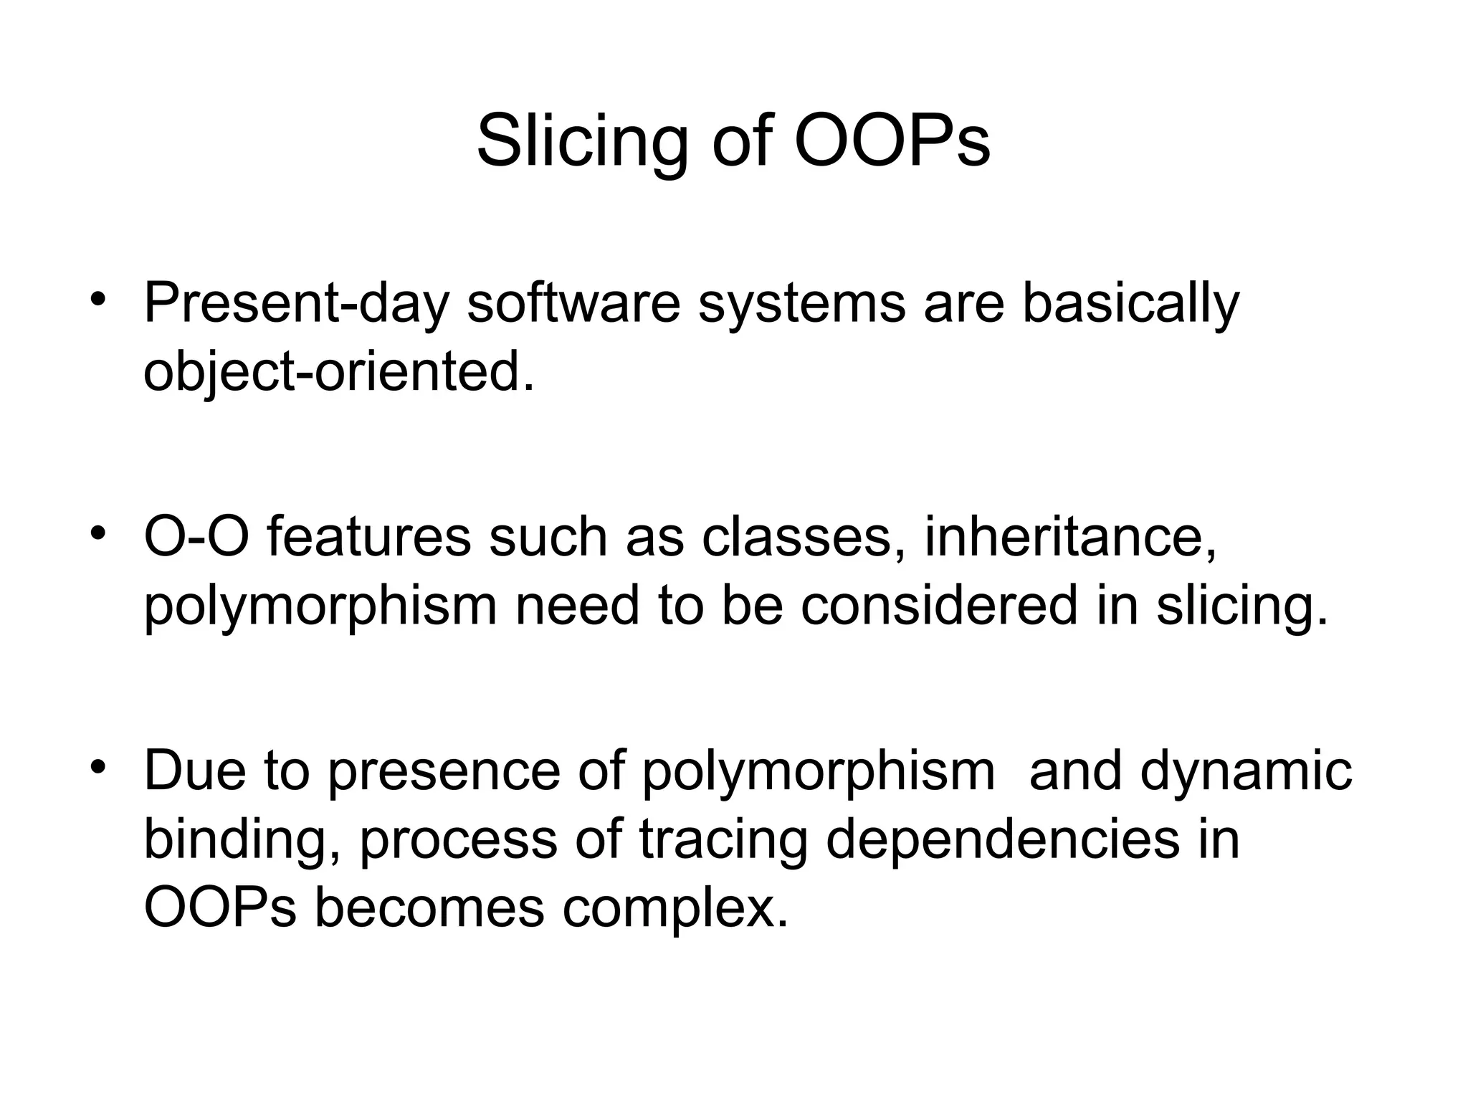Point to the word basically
(1130, 304)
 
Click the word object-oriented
(338, 373)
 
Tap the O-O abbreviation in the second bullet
(197, 536)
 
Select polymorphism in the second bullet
(320, 606)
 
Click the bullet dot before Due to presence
(98, 766)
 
